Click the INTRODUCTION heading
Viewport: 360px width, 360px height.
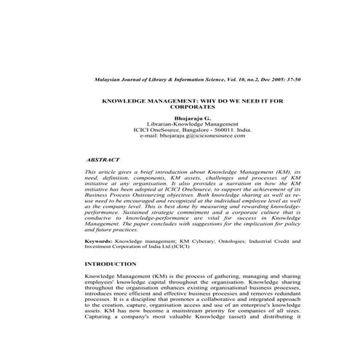[110, 263]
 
